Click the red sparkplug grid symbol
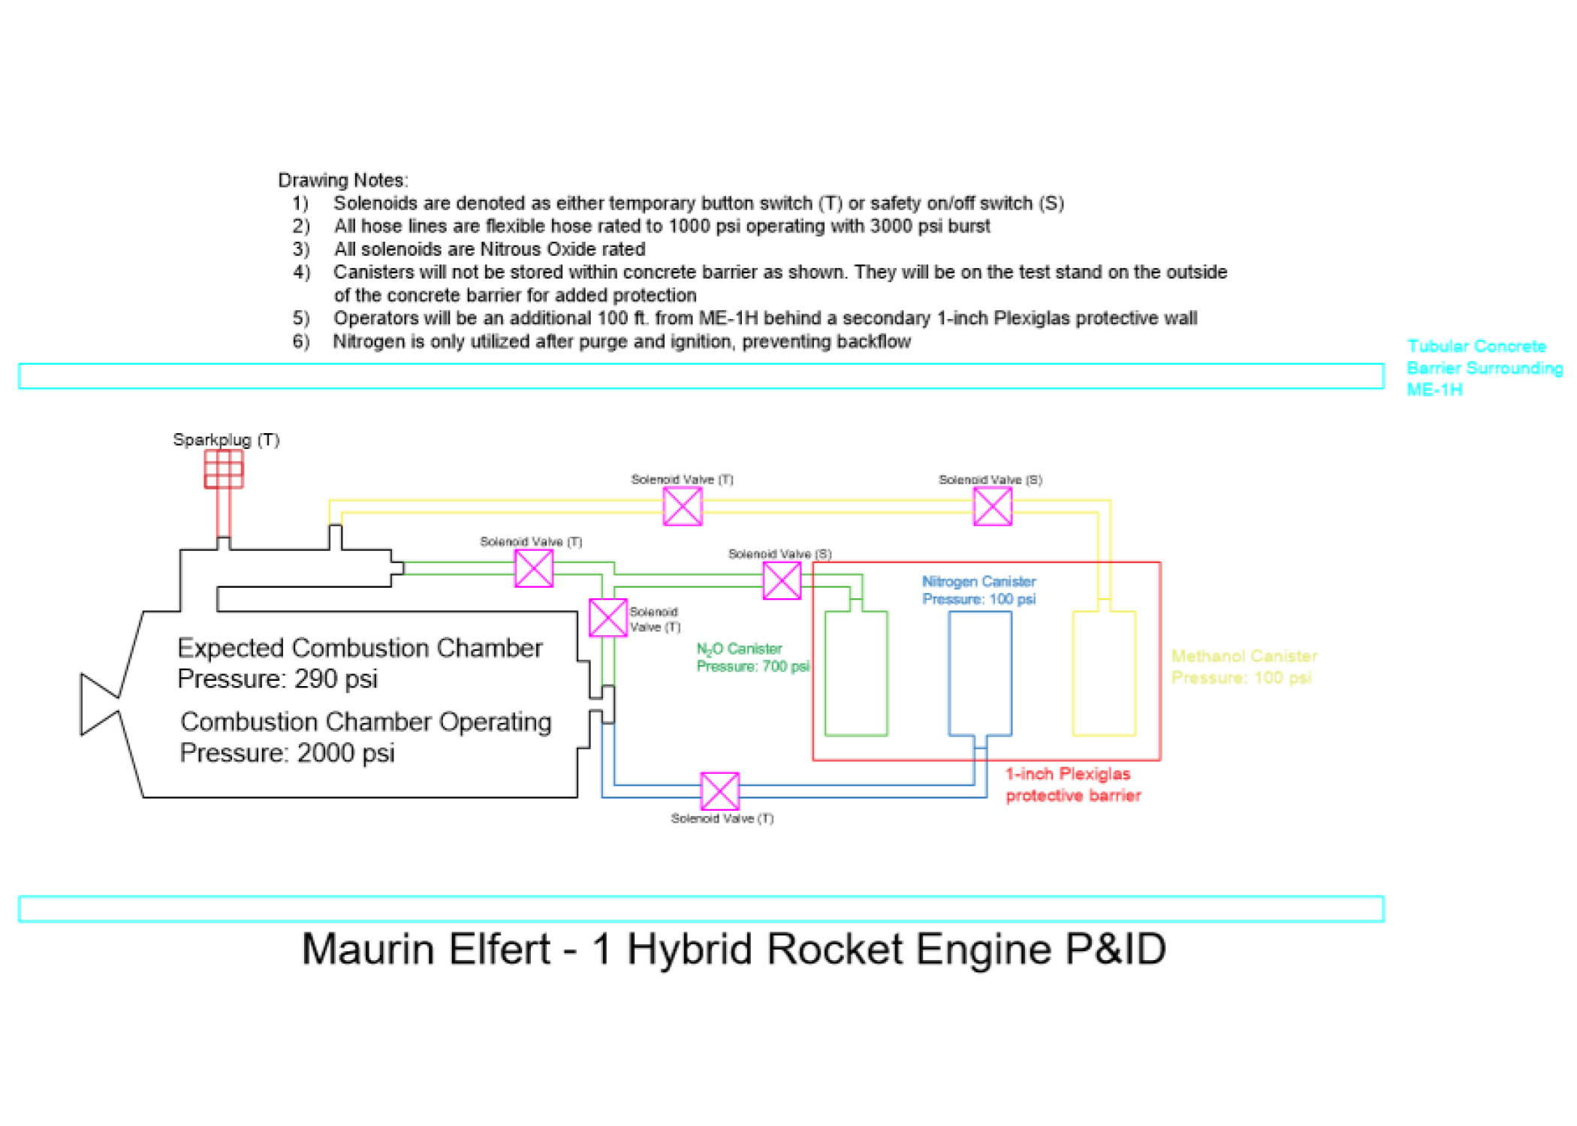click(x=224, y=469)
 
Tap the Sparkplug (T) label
click(x=226, y=440)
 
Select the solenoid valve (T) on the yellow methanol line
click(x=683, y=507)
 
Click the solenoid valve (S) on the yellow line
click(x=992, y=507)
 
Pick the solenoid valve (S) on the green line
click(x=782, y=581)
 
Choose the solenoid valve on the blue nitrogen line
click(x=719, y=791)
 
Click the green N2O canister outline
click(x=856, y=673)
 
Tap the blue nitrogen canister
click(x=979, y=673)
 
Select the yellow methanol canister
click(x=1104, y=673)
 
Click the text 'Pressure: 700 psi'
click(x=752, y=667)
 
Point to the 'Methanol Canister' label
click(x=1244, y=656)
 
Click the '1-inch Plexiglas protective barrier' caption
click(x=1072, y=784)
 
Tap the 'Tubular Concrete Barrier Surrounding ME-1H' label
click(x=1483, y=368)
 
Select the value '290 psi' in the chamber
click(x=336, y=679)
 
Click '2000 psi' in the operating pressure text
click(x=345, y=753)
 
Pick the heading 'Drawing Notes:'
click(x=343, y=180)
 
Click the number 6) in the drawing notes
click(x=301, y=342)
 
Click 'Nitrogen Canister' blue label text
click(x=978, y=581)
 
